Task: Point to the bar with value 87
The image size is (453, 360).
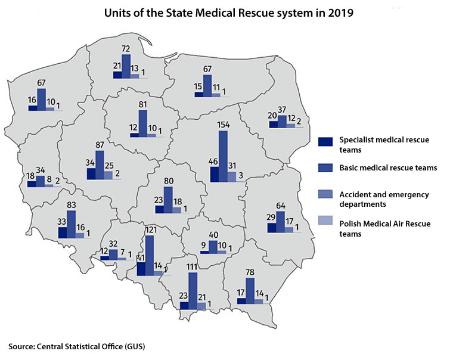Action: click(x=100, y=159)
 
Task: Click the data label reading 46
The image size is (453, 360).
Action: click(x=212, y=162)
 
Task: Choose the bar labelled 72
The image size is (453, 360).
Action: click(x=126, y=66)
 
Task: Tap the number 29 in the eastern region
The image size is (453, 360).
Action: click(x=271, y=218)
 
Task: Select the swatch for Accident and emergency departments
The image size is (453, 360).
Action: click(x=325, y=194)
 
